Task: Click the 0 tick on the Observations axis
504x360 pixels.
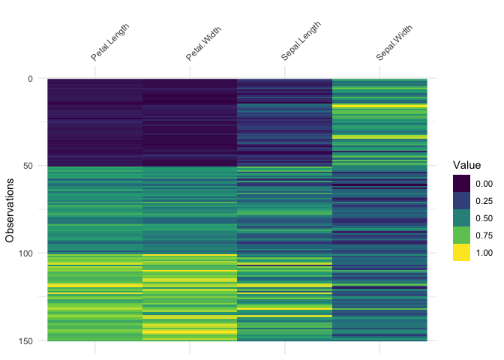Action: coord(29,78)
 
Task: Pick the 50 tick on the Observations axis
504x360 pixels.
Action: coord(27,166)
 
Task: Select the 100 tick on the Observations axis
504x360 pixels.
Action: coord(25,253)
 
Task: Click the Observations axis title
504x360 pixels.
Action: coord(10,209)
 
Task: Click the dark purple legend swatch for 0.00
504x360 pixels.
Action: coord(461,182)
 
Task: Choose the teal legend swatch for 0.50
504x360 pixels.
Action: coord(461,217)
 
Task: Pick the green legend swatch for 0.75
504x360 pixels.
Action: coord(461,235)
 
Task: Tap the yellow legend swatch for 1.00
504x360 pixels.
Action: coord(461,253)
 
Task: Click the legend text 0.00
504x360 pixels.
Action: coord(484,182)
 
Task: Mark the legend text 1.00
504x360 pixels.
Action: coord(484,253)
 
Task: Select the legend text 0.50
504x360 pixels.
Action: coord(484,217)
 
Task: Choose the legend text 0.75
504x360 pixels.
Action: coord(484,235)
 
